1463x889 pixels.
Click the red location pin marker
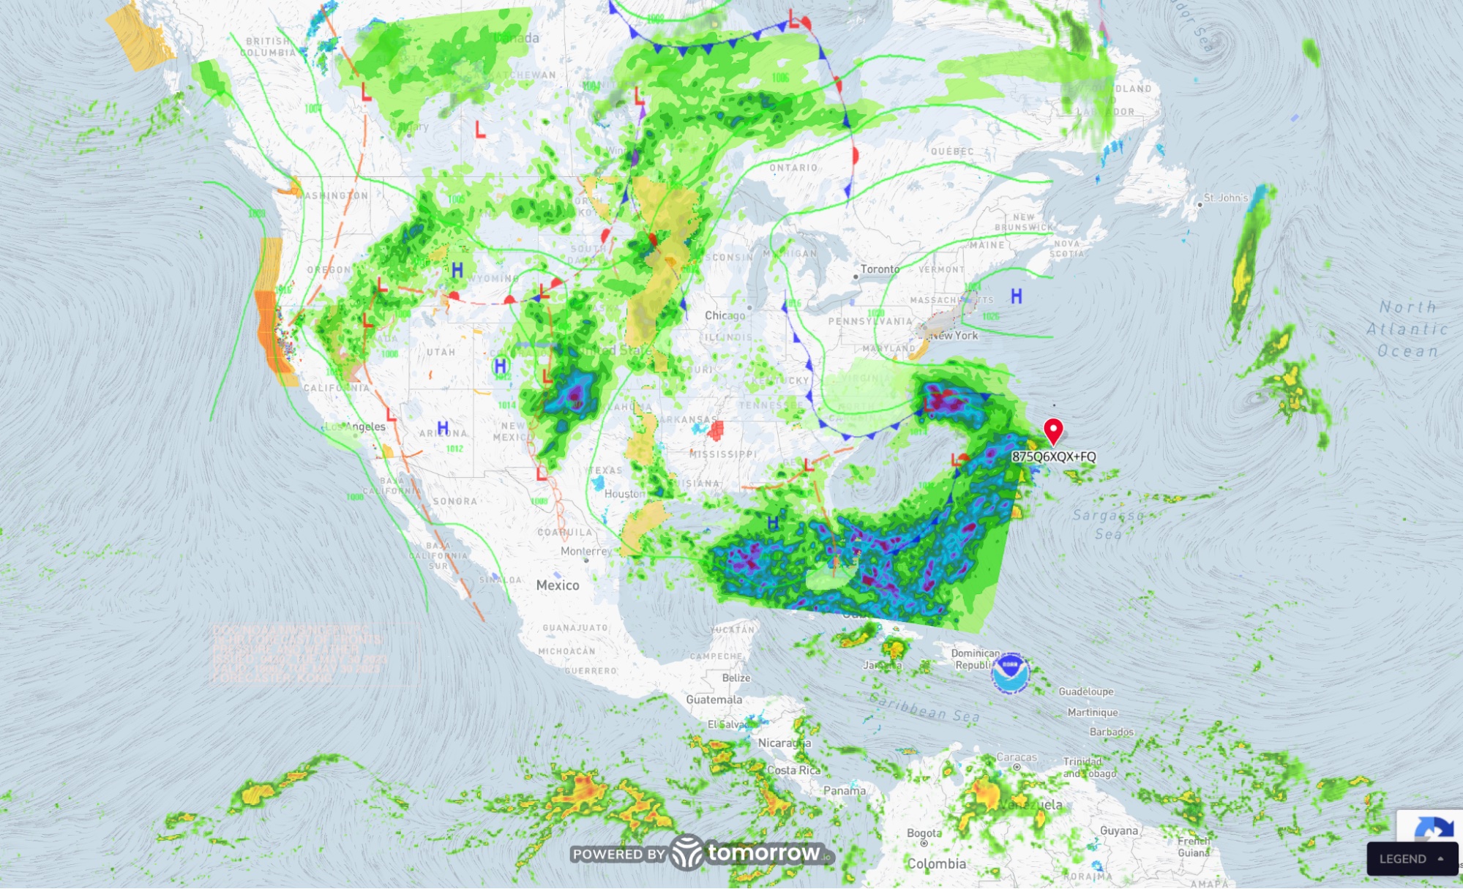1052,430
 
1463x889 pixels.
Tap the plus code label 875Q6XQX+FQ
1053,457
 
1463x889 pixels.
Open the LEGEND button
1411,858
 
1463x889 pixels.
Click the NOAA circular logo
1010,672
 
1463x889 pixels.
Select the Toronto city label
880,269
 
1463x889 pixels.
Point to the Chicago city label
725,315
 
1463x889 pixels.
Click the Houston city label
624,494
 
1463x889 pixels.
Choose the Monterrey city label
585,551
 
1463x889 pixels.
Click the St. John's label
1225,198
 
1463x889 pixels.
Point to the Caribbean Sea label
924,706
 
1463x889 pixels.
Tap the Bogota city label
924,833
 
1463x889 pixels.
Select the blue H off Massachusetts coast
1016,296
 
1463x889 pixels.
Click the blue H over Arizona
443,428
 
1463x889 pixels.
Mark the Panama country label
844,790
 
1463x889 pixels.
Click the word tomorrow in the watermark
763,852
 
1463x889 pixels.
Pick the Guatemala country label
714,699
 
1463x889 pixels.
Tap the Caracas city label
1017,757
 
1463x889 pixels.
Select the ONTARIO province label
793,168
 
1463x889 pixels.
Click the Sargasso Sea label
1108,525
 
